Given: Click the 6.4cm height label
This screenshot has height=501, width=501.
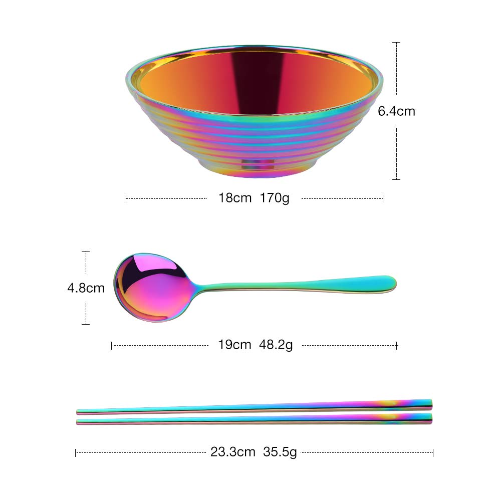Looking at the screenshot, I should pos(396,111).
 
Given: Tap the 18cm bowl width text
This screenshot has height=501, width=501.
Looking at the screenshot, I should pos(234,198).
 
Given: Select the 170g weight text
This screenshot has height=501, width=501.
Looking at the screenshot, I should pos(275,198).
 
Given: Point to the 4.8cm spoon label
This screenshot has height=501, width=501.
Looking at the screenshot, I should pos(86,288).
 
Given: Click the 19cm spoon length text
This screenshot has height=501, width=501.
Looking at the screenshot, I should pos(234,345).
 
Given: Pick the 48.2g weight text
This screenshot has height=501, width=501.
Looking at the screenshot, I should pos(276,345).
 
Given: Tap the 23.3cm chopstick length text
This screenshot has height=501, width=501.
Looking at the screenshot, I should pos(233,452).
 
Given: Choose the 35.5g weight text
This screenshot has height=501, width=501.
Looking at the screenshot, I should pos(280,452).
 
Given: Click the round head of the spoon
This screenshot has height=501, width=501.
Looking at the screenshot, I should pos(152,288).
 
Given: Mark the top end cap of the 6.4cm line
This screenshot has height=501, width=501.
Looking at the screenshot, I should pos(396,43).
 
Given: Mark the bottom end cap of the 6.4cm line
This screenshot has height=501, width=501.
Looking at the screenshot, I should pos(396,179).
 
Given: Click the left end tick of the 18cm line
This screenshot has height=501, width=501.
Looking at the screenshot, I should pos(125,198).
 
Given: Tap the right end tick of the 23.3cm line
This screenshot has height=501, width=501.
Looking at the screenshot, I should pos(433,452).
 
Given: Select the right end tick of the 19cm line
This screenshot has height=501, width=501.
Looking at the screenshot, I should pos(397,345).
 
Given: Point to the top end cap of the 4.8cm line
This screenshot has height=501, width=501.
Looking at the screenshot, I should pos(86,251).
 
